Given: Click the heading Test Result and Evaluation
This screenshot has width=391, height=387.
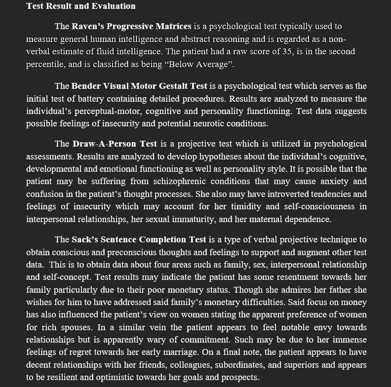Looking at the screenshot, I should pyautogui.click(x=80, y=6).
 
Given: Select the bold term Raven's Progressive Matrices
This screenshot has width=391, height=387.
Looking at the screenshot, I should pyautogui.click(x=131, y=26).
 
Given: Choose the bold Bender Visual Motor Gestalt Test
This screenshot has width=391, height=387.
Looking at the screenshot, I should pyautogui.click(x=139, y=86).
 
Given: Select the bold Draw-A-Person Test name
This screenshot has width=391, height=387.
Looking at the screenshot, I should pyautogui.click(x=115, y=144).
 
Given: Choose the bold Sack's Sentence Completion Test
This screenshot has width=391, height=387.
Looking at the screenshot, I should pyautogui.click(x=139, y=240).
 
